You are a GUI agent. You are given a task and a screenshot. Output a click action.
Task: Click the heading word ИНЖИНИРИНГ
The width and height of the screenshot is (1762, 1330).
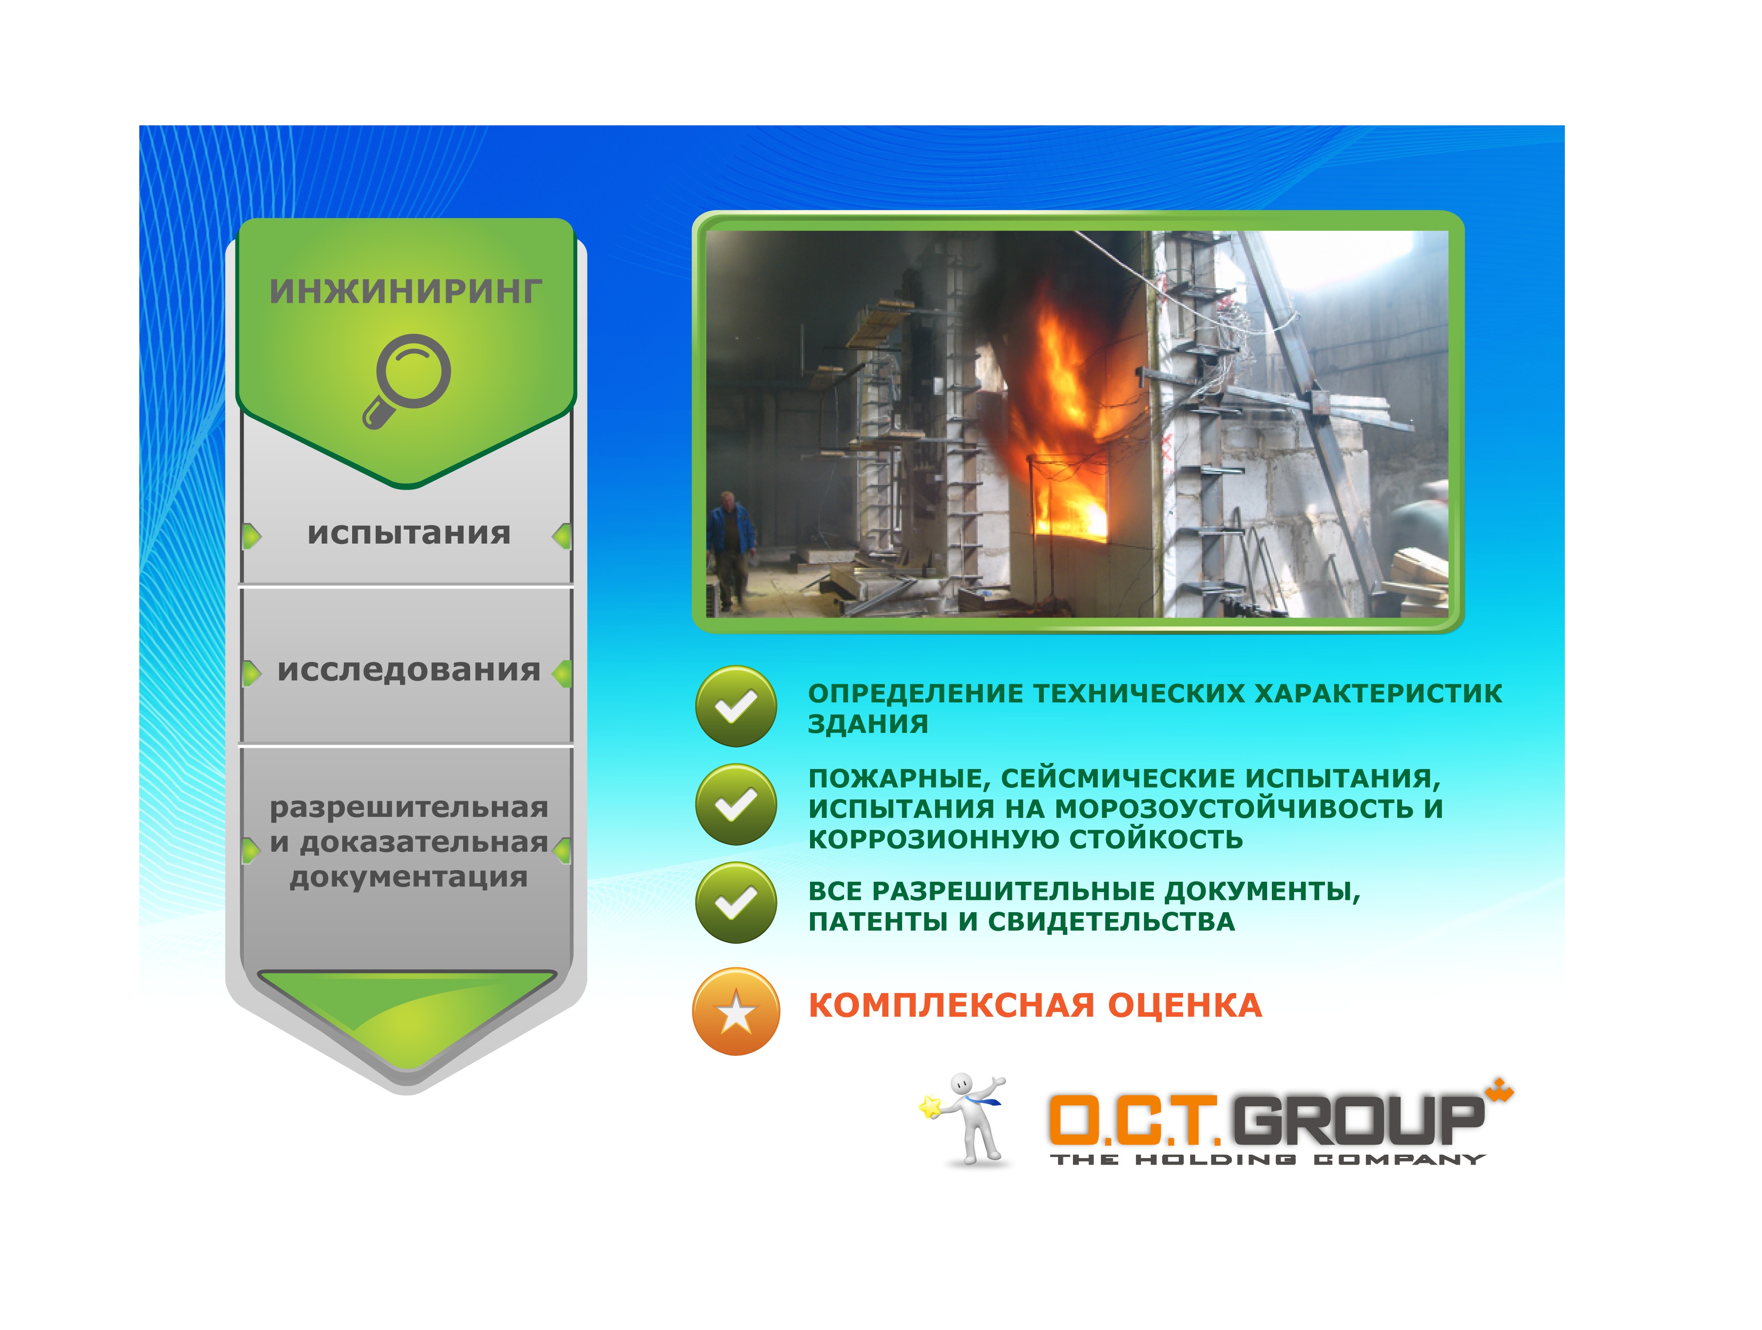(x=406, y=292)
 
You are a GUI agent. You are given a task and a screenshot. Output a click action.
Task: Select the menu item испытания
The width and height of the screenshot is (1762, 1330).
(x=409, y=534)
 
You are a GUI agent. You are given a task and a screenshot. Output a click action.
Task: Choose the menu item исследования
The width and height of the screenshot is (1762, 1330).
(x=409, y=671)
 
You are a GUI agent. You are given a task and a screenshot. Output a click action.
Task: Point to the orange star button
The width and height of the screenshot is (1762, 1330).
(x=736, y=1011)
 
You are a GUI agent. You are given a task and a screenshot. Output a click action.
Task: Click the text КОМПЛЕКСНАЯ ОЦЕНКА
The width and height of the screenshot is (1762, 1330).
(x=1035, y=1005)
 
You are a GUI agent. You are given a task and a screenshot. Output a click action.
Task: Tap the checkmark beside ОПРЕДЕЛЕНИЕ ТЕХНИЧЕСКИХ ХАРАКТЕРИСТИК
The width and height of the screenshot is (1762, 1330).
(x=736, y=705)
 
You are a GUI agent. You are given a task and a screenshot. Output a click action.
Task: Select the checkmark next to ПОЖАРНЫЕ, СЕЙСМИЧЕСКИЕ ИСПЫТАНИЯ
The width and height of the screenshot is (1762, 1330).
(x=736, y=804)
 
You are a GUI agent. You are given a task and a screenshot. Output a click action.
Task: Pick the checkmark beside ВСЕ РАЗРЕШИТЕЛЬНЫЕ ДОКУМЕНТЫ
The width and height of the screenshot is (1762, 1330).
(x=736, y=903)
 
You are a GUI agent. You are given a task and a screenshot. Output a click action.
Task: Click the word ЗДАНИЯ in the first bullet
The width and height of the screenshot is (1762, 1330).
(x=868, y=724)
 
